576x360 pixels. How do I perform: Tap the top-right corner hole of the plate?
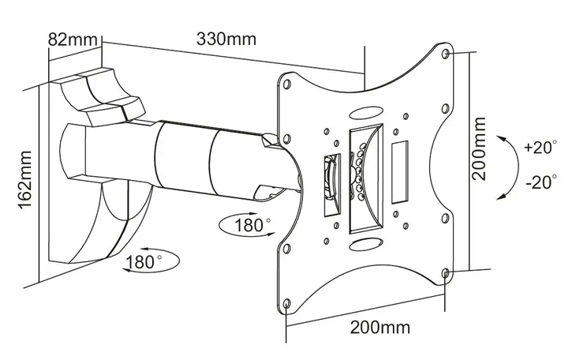point(447,55)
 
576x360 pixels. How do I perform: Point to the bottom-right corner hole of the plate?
point(446,273)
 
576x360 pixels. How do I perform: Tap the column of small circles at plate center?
point(360,170)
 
